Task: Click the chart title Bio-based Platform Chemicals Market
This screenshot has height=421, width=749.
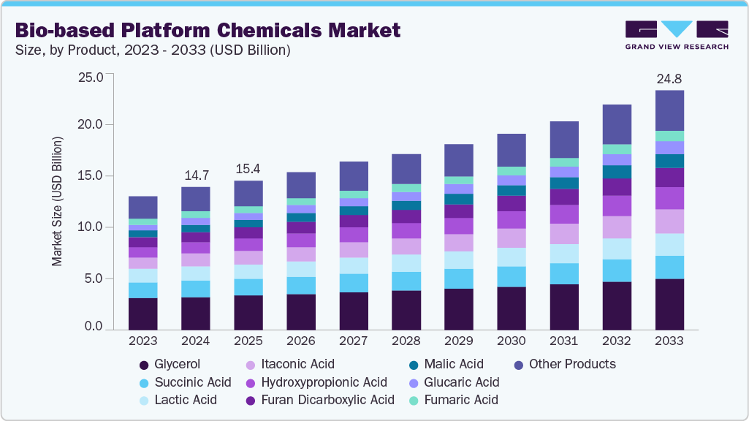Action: pyautogui.click(x=208, y=30)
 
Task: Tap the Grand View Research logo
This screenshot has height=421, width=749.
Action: pyautogui.click(x=676, y=34)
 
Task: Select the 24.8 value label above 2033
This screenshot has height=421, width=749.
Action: pyautogui.click(x=669, y=78)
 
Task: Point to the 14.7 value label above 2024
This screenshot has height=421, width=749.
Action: pyautogui.click(x=196, y=175)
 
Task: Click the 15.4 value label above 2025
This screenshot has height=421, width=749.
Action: pyautogui.click(x=248, y=169)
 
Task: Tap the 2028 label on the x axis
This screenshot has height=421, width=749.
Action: pyautogui.click(x=406, y=341)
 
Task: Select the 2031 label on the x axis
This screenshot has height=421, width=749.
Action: pyautogui.click(x=564, y=341)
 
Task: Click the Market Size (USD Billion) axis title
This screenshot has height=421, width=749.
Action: pyautogui.click(x=57, y=200)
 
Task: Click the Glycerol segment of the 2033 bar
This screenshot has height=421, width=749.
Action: pyautogui.click(x=669, y=304)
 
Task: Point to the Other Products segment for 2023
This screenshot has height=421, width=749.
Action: pyautogui.click(x=143, y=208)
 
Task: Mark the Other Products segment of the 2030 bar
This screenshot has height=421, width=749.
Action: pyautogui.click(x=512, y=150)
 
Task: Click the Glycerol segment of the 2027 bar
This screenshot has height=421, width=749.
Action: pyautogui.click(x=354, y=311)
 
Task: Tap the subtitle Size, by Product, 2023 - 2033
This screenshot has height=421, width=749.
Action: pyautogui.click(x=153, y=50)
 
